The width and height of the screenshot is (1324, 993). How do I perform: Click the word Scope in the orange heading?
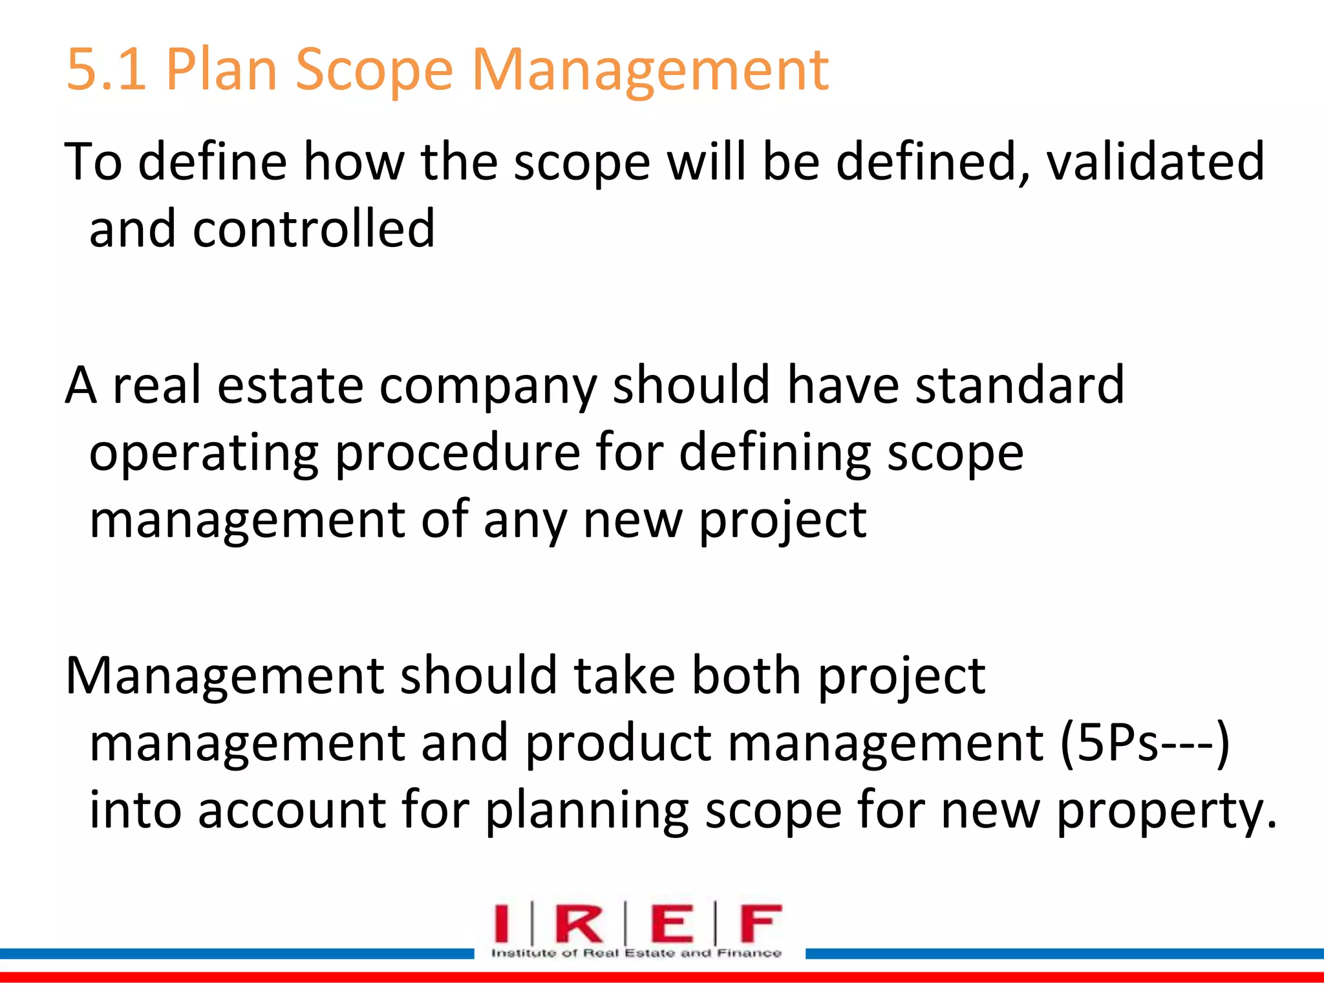click(374, 70)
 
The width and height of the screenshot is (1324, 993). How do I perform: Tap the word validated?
click(1155, 162)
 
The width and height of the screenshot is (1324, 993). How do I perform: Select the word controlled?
click(314, 229)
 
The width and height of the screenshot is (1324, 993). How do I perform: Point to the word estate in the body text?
click(290, 385)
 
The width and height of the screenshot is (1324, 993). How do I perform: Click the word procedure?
click(458, 454)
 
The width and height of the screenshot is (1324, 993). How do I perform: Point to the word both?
click(747, 676)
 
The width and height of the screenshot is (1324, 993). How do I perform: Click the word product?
click(618, 743)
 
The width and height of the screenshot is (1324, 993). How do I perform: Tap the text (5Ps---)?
click(1144, 743)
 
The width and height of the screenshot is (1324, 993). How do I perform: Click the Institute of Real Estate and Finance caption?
click(636, 953)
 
